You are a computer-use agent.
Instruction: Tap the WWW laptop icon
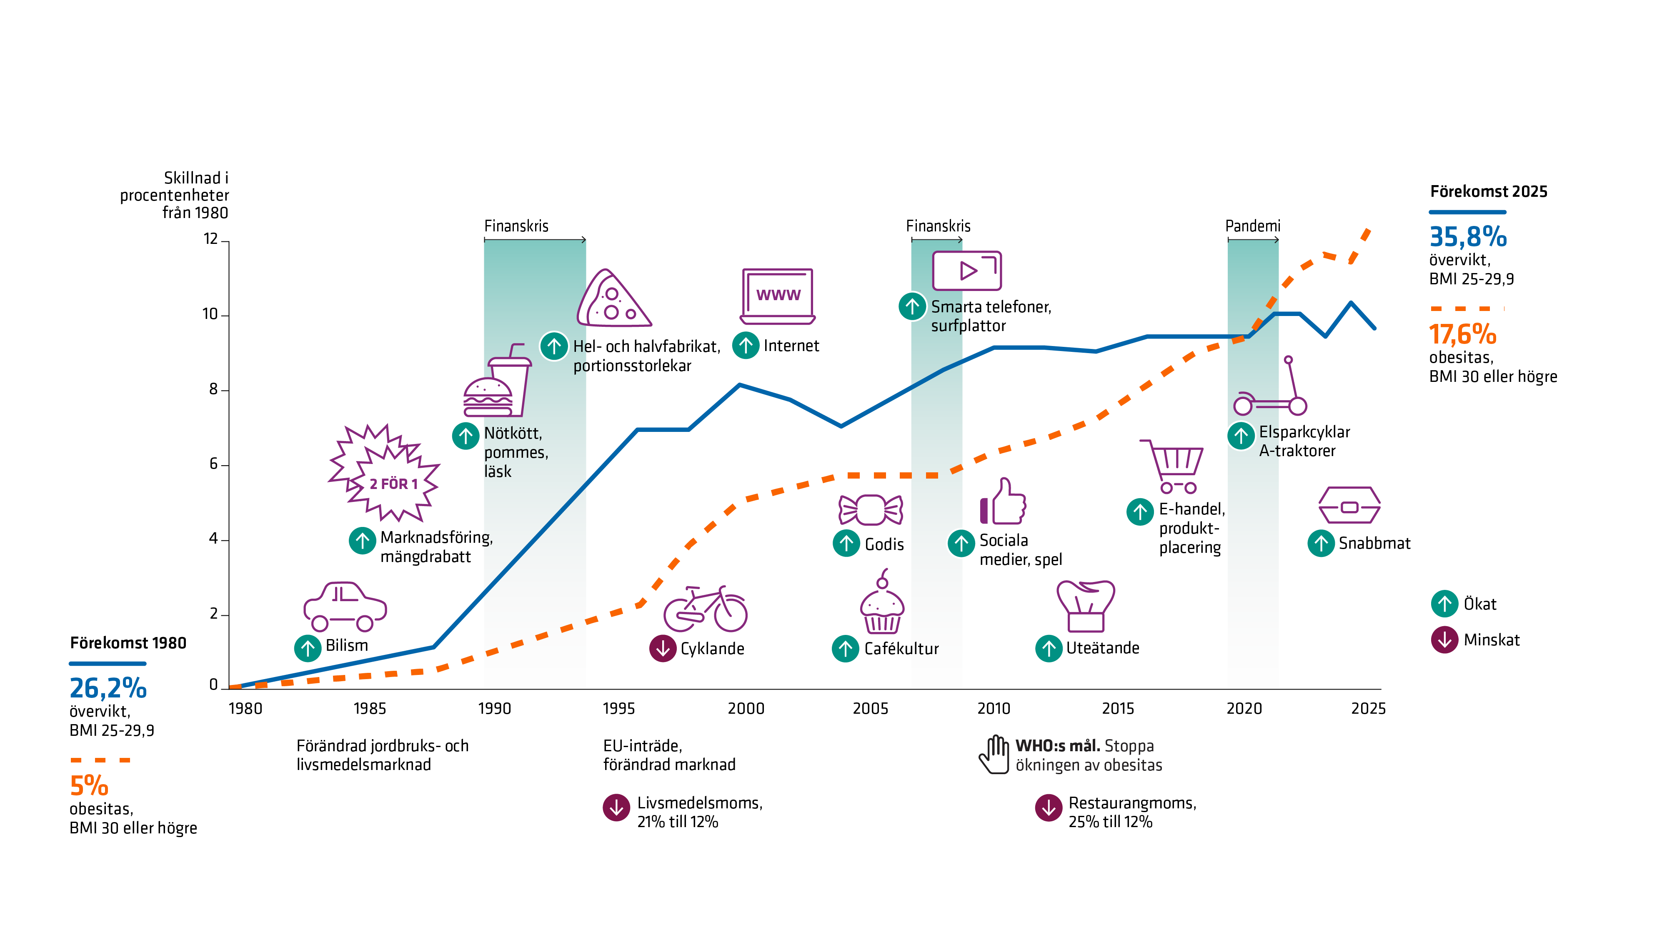(x=777, y=296)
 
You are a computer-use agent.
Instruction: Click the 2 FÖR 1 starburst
(x=384, y=474)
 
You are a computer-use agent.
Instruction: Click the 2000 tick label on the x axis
(x=746, y=708)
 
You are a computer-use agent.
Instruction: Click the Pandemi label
(x=1252, y=226)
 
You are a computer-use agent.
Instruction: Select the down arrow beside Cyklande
(x=663, y=648)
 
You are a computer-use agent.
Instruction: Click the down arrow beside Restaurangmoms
(x=1049, y=807)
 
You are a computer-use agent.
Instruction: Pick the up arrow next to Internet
(x=746, y=346)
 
